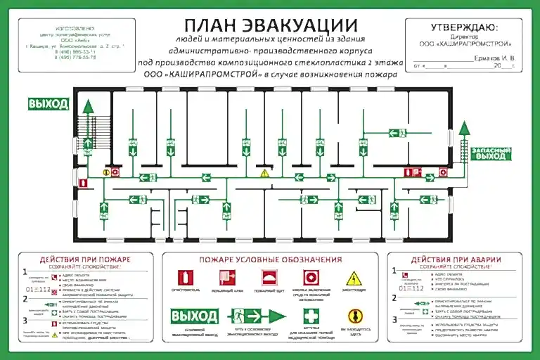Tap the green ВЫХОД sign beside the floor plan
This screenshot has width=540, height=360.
click(x=49, y=104)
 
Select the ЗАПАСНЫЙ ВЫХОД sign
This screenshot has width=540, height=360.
click(x=491, y=154)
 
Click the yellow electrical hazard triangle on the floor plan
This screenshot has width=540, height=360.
click(x=265, y=172)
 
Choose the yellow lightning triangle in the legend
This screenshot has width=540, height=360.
click(x=354, y=278)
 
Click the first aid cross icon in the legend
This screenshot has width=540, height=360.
click(x=311, y=315)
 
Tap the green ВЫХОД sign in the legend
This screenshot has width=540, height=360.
click(x=194, y=316)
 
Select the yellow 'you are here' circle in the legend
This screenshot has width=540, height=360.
click(x=355, y=316)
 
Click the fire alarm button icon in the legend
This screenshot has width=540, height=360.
click(x=311, y=277)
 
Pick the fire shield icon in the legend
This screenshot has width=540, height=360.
click(x=269, y=277)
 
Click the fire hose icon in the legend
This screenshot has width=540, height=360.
click(x=227, y=277)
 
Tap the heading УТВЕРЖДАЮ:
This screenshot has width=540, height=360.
click(x=463, y=27)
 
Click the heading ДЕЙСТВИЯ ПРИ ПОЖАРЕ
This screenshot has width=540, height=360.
click(x=85, y=259)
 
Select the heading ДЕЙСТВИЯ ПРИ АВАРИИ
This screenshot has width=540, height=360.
click(x=455, y=259)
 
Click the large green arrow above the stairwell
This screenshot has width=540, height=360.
click(x=88, y=108)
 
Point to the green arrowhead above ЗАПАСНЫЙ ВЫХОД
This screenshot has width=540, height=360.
click(x=464, y=127)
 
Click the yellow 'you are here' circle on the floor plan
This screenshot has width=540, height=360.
click(x=107, y=171)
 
